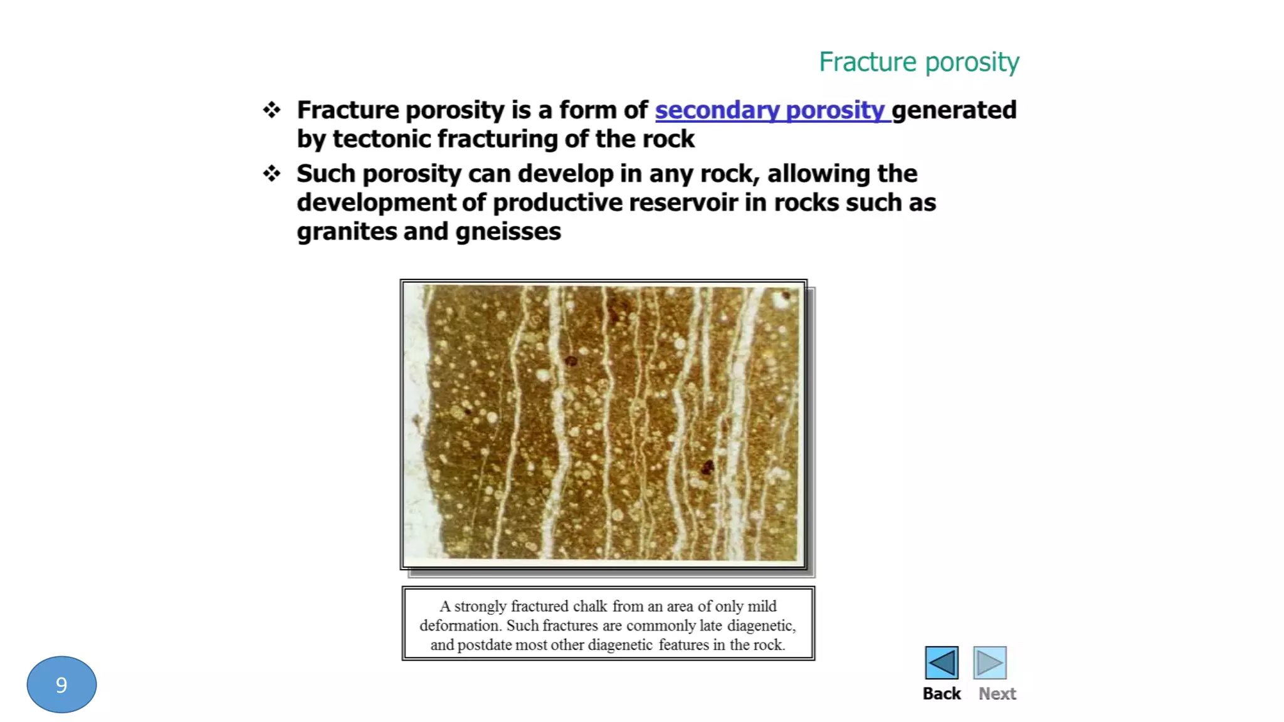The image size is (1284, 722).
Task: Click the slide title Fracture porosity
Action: tap(918, 62)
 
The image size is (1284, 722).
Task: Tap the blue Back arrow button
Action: tap(941, 662)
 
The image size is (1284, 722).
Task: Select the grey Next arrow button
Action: tap(989, 662)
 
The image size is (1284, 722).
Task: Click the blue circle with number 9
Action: tap(61, 684)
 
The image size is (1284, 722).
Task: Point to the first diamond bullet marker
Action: tap(271, 110)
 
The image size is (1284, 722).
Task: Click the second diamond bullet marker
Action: tap(271, 173)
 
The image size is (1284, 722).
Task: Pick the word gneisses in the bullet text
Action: tap(508, 232)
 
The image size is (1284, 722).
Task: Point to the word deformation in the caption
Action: tap(459, 625)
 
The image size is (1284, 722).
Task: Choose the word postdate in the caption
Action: tap(484, 645)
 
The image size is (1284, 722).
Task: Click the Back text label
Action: tap(941, 694)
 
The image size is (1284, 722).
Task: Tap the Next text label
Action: tap(997, 694)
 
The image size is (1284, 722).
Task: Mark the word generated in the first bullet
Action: tap(954, 110)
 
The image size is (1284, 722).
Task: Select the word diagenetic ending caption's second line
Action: tap(760, 625)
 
